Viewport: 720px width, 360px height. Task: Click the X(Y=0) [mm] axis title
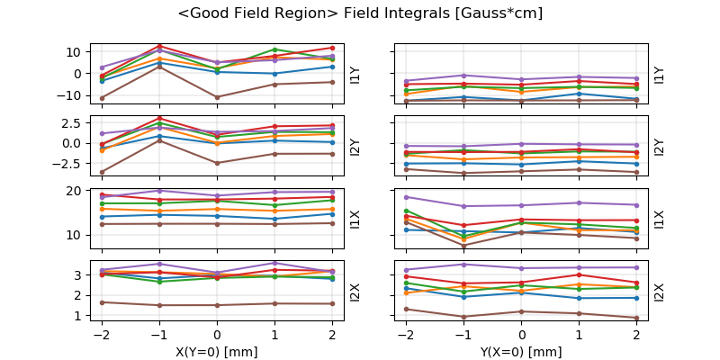216,352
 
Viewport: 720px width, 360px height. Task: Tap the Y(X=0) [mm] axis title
522,352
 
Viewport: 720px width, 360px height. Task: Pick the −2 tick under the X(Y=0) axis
101,335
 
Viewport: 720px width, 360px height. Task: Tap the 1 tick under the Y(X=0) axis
579,335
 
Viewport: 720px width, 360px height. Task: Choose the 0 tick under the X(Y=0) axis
216,335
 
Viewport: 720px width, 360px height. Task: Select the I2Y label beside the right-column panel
660,146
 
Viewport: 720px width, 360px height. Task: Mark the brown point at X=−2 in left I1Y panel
102,98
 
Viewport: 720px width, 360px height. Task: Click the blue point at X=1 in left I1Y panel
274,74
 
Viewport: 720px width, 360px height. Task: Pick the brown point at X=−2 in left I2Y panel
102,172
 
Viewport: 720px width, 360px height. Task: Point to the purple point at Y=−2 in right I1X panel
407,197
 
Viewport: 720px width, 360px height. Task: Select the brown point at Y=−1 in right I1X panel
464,245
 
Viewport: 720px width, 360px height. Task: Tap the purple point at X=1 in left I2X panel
274,263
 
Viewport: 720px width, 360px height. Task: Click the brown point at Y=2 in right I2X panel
636,318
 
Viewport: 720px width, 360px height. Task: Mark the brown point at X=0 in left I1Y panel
217,97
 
